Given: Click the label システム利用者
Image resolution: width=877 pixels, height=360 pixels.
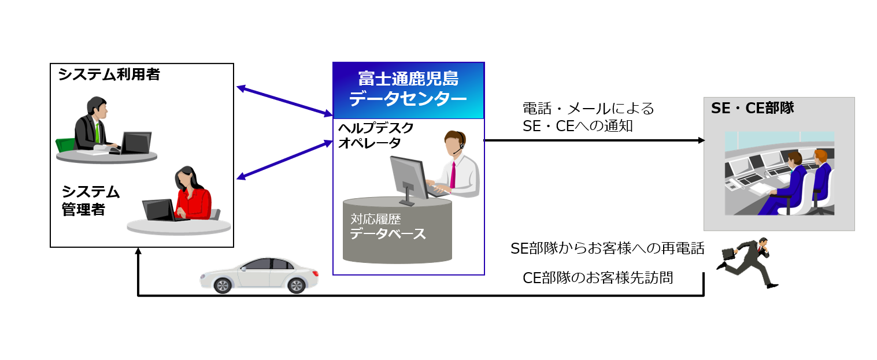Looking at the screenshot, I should pyautogui.click(x=109, y=75).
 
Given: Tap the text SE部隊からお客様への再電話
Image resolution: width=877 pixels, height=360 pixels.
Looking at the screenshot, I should pyautogui.click(x=608, y=248).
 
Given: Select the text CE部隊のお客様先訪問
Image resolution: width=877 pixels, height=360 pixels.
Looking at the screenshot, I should pyautogui.click(x=598, y=277).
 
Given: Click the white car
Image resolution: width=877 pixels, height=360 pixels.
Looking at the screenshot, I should pyautogui.click(x=259, y=274).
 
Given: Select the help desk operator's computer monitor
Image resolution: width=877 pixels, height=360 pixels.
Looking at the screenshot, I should pyautogui.click(x=409, y=176).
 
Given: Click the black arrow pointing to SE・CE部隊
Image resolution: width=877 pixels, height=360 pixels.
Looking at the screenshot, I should pyautogui.click(x=595, y=140).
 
